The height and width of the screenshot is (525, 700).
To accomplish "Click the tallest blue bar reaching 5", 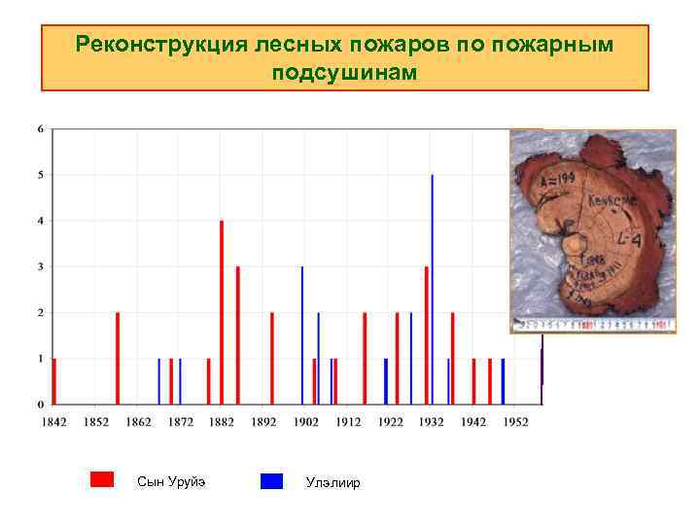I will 432,289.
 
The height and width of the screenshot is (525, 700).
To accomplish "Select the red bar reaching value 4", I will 222,311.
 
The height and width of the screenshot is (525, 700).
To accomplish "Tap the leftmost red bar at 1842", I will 54,381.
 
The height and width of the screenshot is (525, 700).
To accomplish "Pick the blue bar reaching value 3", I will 301,334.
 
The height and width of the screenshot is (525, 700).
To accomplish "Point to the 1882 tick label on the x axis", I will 222,421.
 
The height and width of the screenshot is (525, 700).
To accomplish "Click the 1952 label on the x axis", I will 516,421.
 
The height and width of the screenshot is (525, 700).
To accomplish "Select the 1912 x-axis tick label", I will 348,421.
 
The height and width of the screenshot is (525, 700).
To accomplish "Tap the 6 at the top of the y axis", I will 40,128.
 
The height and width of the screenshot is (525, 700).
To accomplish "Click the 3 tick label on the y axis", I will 40,266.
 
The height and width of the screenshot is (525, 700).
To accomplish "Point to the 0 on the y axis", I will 40,403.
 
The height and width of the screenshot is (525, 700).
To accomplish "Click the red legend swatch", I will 102,479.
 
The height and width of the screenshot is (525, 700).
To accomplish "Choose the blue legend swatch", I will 272,480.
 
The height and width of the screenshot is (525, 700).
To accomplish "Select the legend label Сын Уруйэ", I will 171,481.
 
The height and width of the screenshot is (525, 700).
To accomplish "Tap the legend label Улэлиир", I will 332,482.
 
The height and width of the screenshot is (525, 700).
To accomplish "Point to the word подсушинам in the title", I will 344,73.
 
